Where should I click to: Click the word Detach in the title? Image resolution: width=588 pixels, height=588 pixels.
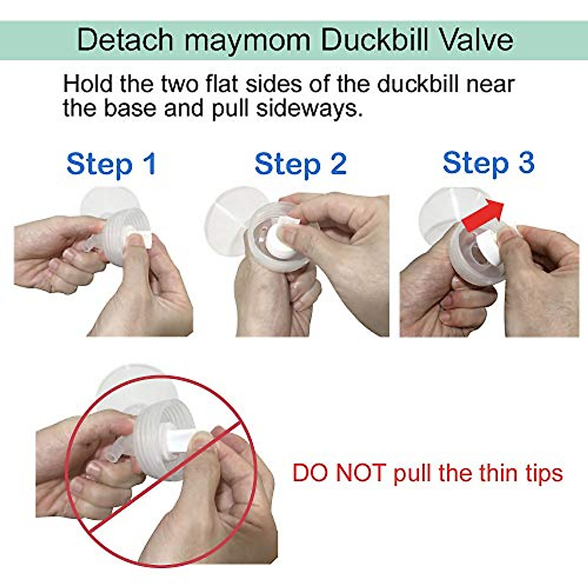coord(125,40)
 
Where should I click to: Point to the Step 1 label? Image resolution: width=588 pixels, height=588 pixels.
coord(111,164)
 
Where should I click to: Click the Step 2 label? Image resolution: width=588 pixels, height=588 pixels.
coord(300,164)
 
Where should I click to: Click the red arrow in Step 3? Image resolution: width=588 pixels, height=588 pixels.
coord(483,216)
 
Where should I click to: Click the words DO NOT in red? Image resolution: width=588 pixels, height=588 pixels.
coord(339,473)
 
